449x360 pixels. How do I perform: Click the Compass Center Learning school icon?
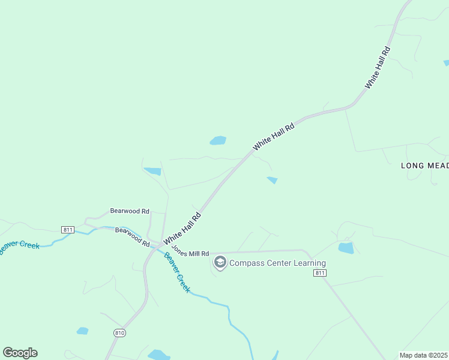click(220, 263)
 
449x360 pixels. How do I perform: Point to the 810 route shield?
click(119, 332)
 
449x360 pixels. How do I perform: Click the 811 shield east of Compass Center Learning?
click(320, 273)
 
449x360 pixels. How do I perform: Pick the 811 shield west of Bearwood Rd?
click(68, 230)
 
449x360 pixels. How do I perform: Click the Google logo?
click(20, 353)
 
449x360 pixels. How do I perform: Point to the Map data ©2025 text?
click(424, 355)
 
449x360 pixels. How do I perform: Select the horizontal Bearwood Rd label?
click(130, 211)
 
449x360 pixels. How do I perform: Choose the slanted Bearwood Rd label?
click(133, 237)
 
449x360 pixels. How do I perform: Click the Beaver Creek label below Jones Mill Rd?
click(177, 272)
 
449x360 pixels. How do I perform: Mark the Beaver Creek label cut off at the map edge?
click(20, 247)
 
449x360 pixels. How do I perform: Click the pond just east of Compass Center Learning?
click(346, 248)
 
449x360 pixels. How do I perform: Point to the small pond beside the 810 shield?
click(83, 331)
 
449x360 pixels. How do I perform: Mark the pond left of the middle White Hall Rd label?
click(218, 140)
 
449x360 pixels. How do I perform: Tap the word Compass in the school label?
click(246, 263)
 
